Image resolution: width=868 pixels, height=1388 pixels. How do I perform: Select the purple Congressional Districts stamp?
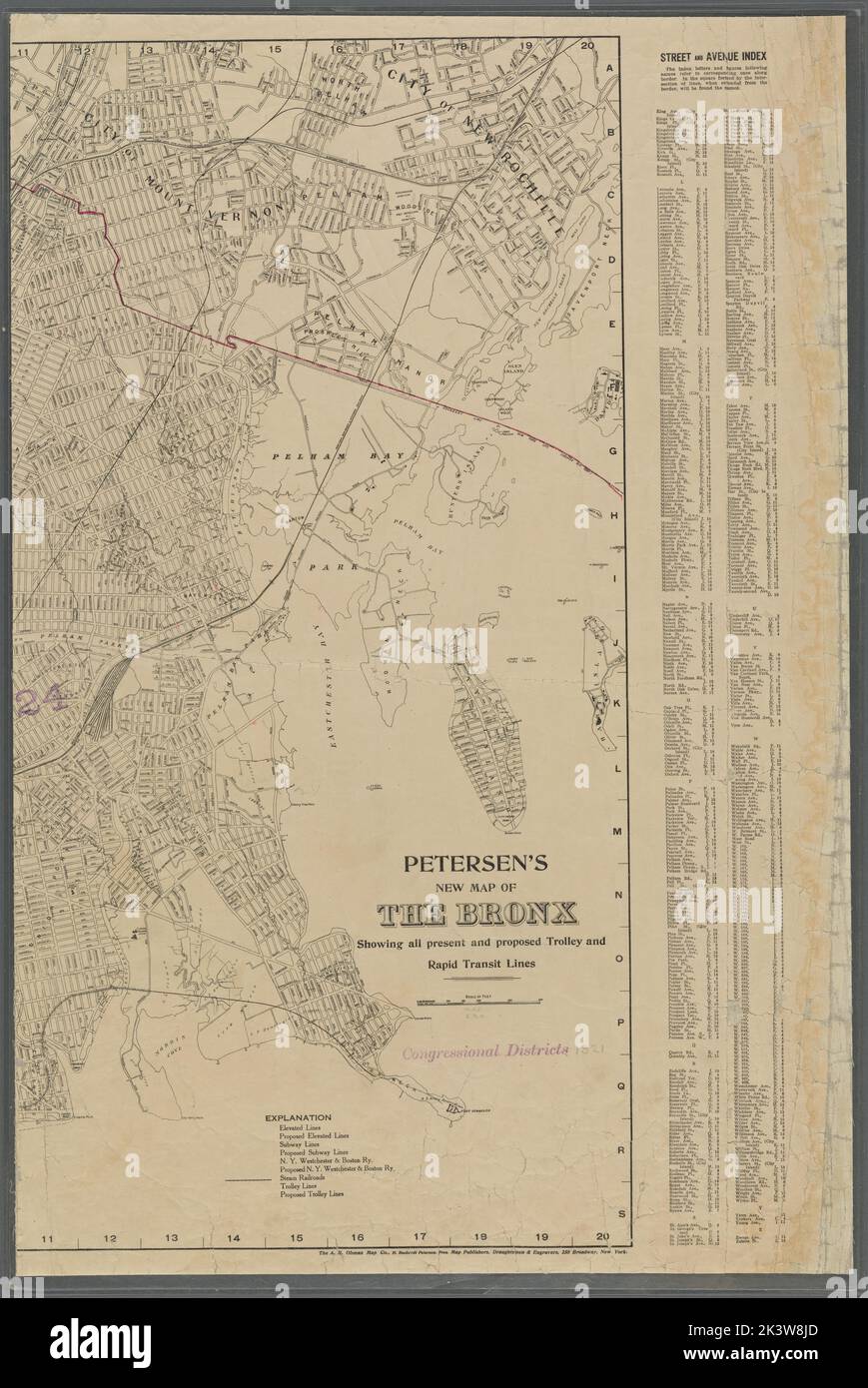point(485,1050)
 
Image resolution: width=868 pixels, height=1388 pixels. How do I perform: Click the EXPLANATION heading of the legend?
point(299,1117)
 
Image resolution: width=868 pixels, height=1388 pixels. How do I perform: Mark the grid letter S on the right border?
point(620,1212)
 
